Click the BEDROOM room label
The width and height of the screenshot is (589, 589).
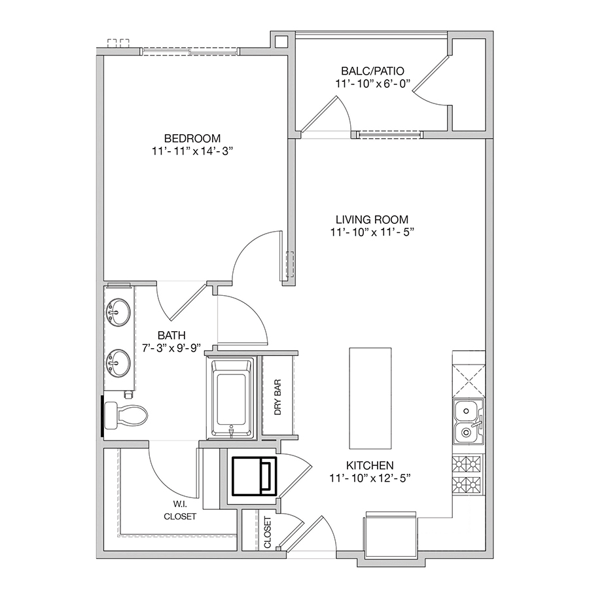coord(192,138)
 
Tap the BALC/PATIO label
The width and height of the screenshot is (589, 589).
coord(372,71)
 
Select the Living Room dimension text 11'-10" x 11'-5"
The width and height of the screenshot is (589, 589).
coord(372,232)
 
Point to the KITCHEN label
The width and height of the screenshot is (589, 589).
coord(370,465)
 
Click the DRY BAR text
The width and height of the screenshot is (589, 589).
coord(277,397)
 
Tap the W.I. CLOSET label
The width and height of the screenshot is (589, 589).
coord(180,511)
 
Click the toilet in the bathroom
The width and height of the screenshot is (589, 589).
coord(126,416)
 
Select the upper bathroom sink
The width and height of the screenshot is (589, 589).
coord(118,311)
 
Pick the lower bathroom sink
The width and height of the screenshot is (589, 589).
coord(118,362)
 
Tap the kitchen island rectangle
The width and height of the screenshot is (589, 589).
coord(370,398)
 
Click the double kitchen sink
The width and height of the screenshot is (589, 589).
coord(469,421)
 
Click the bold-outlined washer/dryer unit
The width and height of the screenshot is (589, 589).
coord(255,476)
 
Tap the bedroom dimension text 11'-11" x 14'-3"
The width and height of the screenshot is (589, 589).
coord(192,151)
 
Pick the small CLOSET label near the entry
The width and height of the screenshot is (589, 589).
coord(268,532)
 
